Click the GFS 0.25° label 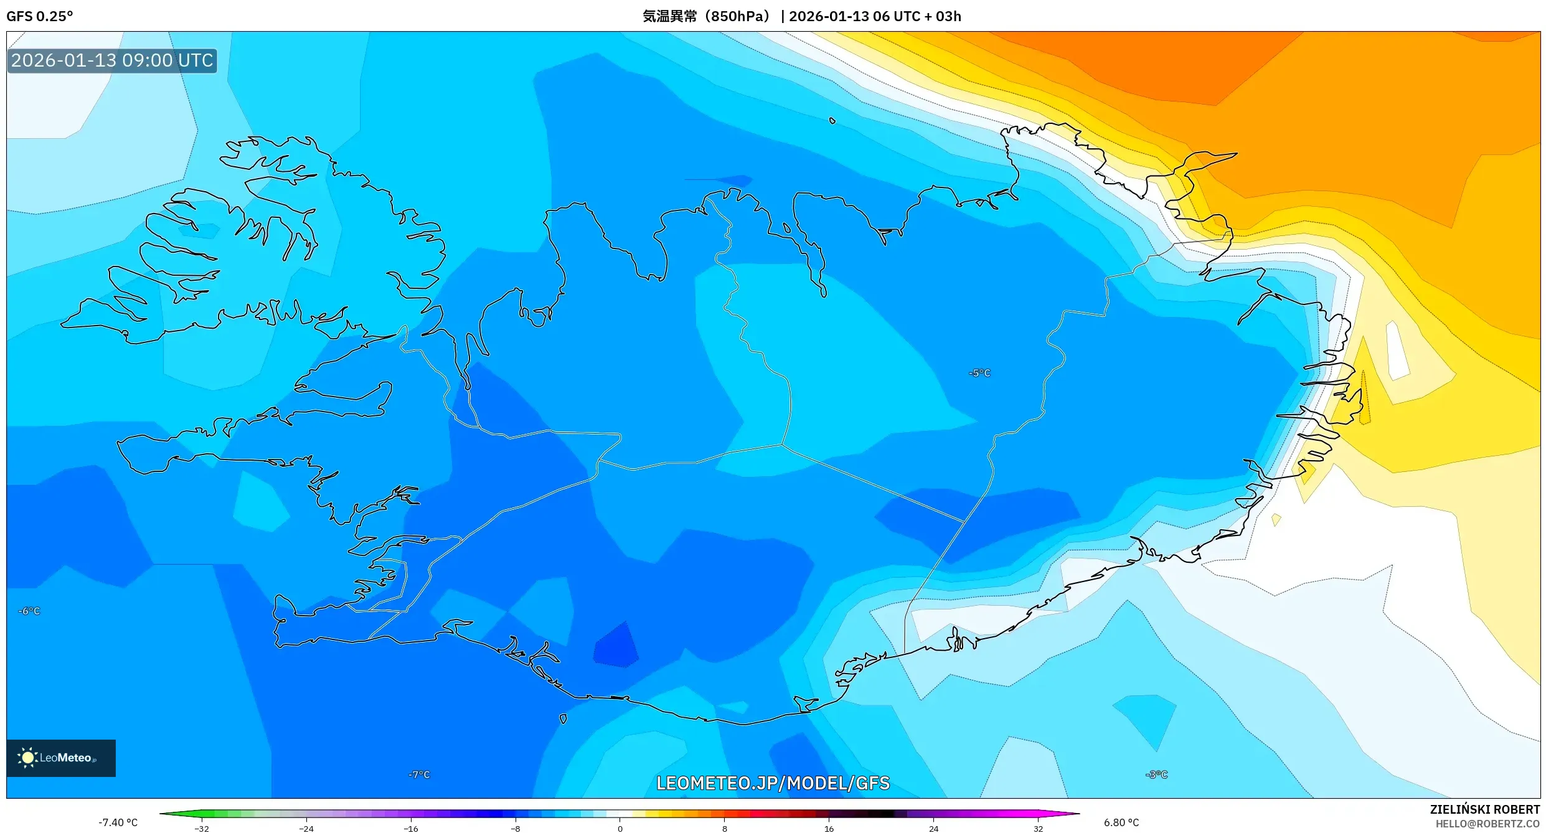click(x=40, y=16)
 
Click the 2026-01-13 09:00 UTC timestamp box click(x=112, y=60)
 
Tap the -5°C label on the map click(x=979, y=373)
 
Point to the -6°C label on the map click(x=29, y=611)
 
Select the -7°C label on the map click(x=419, y=774)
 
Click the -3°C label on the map click(x=1156, y=774)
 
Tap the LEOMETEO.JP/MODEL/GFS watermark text click(x=773, y=783)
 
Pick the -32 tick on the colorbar click(x=202, y=829)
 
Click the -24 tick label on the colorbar click(x=306, y=829)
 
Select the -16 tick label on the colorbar click(x=411, y=829)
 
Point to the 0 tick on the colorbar click(x=620, y=829)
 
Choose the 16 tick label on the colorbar click(x=829, y=829)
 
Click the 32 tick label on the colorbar click(x=1038, y=829)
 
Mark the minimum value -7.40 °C click(x=118, y=822)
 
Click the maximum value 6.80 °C click(x=1121, y=822)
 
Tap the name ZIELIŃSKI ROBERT click(x=1484, y=809)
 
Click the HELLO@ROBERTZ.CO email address click(x=1487, y=824)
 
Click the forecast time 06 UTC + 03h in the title click(x=917, y=16)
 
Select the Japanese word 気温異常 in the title click(x=670, y=16)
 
